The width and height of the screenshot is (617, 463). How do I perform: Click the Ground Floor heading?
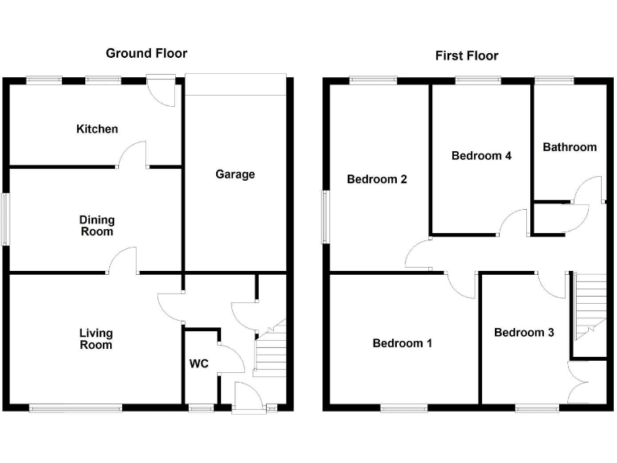point(146,54)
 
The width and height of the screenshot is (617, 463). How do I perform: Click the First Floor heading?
point(467,55)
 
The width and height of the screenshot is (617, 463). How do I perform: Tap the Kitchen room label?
point(97,129)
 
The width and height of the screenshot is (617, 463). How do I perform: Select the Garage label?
point(235,174)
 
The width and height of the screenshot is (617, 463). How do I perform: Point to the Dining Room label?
point(96,226)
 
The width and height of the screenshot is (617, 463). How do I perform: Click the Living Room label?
point(96,339)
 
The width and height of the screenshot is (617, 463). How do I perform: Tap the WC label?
point(199,364)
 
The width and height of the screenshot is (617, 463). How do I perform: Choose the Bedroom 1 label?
point(402,344)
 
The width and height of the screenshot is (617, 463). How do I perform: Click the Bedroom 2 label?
point(377,179)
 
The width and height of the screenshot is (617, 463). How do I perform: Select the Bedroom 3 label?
point(524,333)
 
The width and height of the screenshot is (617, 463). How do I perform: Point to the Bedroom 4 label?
point(481,156)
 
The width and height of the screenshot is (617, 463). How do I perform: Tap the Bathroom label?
point(570,147)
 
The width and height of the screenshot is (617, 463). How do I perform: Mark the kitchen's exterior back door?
point(165,90)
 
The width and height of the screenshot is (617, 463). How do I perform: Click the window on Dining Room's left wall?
point(6,218)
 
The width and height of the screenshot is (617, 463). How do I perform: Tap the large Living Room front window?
point(76,408)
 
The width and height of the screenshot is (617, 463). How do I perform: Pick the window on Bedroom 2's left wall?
point(325,215)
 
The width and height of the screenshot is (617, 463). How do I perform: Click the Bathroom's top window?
point(554,80)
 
